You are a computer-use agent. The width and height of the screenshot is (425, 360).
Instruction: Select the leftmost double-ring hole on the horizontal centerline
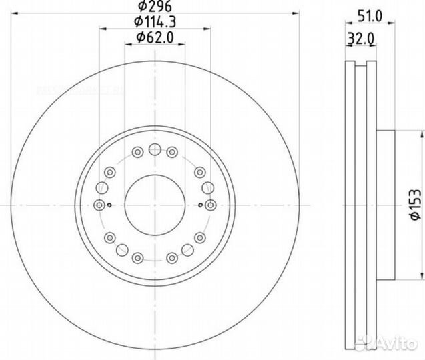point(100,205)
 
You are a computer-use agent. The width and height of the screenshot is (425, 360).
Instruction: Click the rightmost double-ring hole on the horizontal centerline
point(210,205)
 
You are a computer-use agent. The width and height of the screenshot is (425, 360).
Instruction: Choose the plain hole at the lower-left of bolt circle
point(122,250)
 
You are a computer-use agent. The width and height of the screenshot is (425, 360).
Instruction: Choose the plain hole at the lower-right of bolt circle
point(187,250)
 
